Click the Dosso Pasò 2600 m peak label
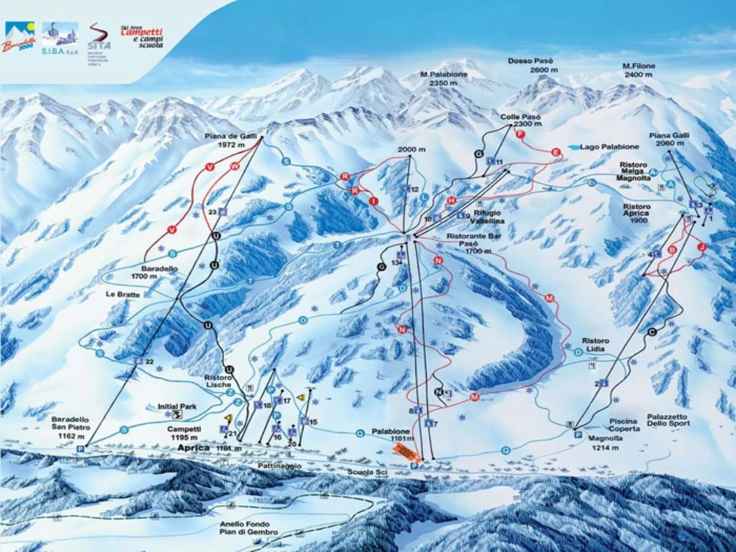point(530,65)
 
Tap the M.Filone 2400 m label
point(639,70)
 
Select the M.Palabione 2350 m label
point(444,79)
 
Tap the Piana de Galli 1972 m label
point(230,141)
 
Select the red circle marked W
point(234,166)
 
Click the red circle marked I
point(374,201)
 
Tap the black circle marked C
point(652,332)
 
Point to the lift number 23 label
point(212,212)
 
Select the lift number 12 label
point(415,189)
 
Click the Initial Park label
point(177,406)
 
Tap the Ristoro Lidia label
point(596,345)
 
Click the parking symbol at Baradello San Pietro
point(80,448)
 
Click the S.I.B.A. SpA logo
point(60,38)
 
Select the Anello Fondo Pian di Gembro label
point(248,528)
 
